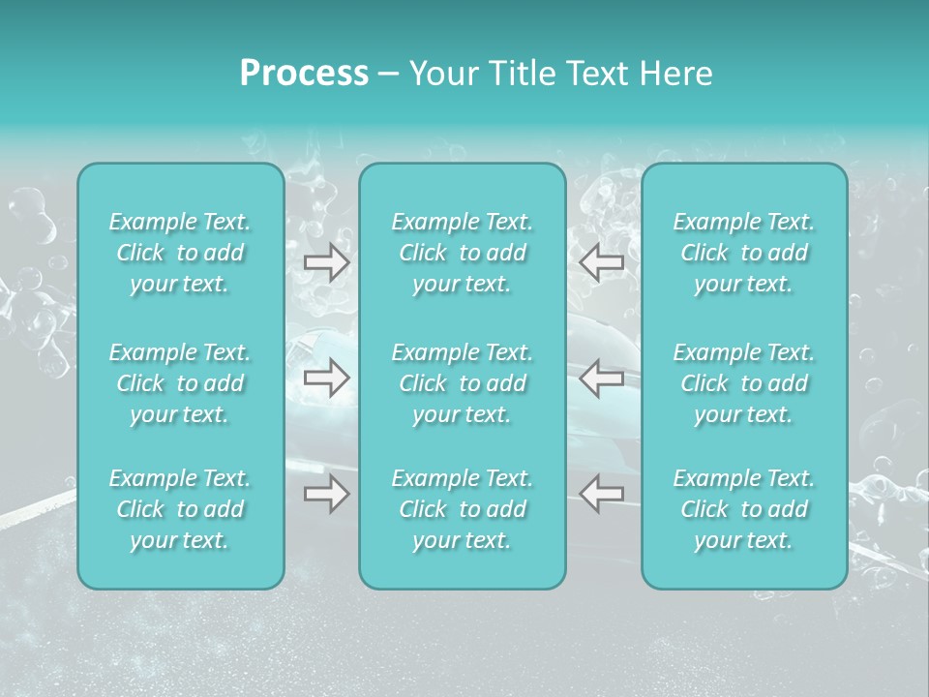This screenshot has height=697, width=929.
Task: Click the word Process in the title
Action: click(x=304, y=74)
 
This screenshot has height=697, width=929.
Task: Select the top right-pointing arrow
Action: click(x=326, y=262)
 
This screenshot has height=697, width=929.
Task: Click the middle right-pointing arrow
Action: click(x=326, y=379)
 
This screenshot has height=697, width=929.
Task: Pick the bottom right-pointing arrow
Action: click(x=326, y=494)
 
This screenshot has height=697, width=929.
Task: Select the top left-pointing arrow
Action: click(x=601, y=262)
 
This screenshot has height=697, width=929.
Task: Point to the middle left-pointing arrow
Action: click(x=601, y=379)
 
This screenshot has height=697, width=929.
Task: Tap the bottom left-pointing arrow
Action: click(x=601, y=494)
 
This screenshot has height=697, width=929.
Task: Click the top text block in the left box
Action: click(x=180, y=253)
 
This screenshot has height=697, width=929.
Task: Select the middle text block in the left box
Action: click(x=180, y=383)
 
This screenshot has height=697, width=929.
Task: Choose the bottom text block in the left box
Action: click(x=180, y=509)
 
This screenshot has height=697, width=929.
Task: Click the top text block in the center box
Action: click(x=462, y=253)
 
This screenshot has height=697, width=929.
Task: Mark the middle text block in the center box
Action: click(x=462, y=383)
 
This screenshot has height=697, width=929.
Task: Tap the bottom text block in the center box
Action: click(x=462, y=509)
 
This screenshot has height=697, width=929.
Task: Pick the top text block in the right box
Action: click(x=743, y=253)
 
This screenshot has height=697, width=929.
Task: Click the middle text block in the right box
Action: click(x=743, y=383)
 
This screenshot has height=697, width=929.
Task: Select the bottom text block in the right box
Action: click(x=743, y=509)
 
